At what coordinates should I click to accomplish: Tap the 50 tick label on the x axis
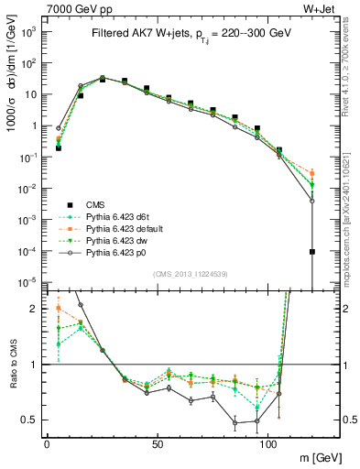(158, 441)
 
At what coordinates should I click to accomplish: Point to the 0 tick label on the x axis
(47, 441)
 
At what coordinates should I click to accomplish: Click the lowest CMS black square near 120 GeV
(312, 251)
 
